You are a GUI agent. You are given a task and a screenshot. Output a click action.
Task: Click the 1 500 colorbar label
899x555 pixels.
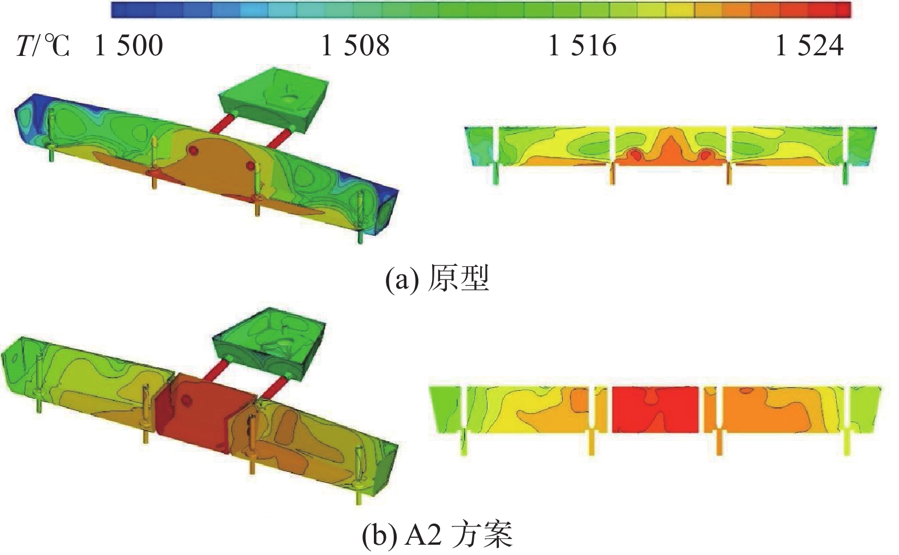tap(128, 45)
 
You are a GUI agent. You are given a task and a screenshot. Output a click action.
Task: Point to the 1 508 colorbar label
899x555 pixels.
tap(355, 45)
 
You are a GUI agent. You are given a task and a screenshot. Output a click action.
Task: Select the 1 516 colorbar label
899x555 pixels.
tap(582, 45)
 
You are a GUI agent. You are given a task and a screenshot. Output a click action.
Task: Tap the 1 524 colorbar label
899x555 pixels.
tap(809, 45)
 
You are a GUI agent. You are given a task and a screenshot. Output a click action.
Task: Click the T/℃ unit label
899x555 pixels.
tap(43, 45)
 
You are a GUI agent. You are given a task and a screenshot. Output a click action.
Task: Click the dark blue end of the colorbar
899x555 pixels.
tap(120, 10)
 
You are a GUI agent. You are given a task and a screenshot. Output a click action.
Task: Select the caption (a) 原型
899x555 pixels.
tap(437, 278)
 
